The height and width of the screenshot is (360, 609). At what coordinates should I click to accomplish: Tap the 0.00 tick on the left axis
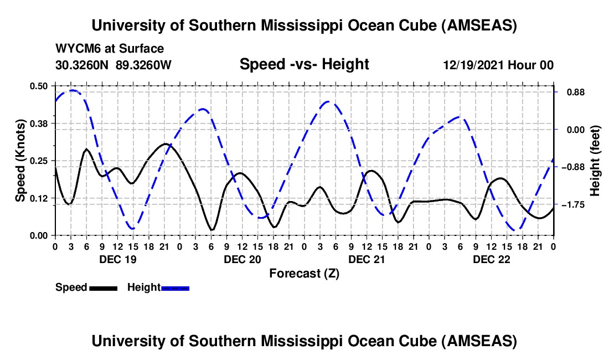(x=39, y=235)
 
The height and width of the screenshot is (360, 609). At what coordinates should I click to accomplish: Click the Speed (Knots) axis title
(x=20, y=161)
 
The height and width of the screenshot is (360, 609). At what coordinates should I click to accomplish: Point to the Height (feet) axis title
(x=596, y=161)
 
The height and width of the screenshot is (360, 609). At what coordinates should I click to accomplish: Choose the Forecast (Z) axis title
(x=304, y=274)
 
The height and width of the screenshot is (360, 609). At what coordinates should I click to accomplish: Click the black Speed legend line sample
(x=103, y=288)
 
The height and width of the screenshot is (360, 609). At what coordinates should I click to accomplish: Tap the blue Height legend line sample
(x=176, y=288)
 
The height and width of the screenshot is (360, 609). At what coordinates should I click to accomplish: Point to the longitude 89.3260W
(x=143, y=65)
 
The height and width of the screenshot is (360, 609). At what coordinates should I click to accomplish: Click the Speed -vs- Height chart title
(x=304, y=64)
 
